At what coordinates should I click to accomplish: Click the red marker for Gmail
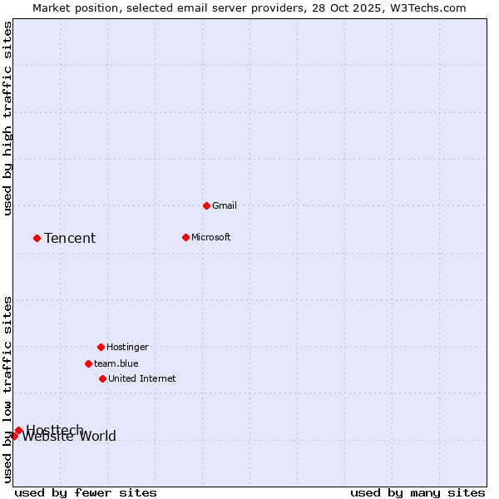pyautogui.click(x=206, y=205)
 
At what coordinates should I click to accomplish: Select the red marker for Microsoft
pyautogui.click(x=185, y=237)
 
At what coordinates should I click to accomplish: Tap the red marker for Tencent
pyautogui.click(x=37, y=238)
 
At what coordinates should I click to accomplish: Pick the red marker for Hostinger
pyautogui.click(x=101, y=347)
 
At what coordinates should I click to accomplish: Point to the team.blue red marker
pyautogui.click(x=88, y=363)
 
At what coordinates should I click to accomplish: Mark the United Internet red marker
pyautogui.click(x=102, y=378)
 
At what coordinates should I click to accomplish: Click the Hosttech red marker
pyautogui.click(x=18, y=430)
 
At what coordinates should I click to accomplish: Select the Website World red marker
pyautogui.click(x=14, y=436)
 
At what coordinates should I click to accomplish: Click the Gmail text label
pyautogui.click(x=225, y=205)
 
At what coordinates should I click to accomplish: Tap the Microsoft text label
pyautogui.click(x=211, y=237)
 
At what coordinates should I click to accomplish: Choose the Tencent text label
pyautogui.click(x=70, y=239)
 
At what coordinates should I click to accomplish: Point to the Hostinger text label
pyautogui.click(x=127, y=347)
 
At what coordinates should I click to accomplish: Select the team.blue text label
pyautogui.click(x=116, y=363)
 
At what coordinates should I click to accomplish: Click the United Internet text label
pyautogui.click(x=142, y=378)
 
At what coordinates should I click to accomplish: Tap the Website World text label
pyautogui.click(x=70, y=437)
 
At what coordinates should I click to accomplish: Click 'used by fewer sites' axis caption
pyautogui.click(x=86, y=492)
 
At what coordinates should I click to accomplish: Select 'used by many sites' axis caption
pyautogui.click(x=417, y=492)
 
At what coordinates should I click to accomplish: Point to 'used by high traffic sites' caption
pyautogui.click(x=8, y=118)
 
